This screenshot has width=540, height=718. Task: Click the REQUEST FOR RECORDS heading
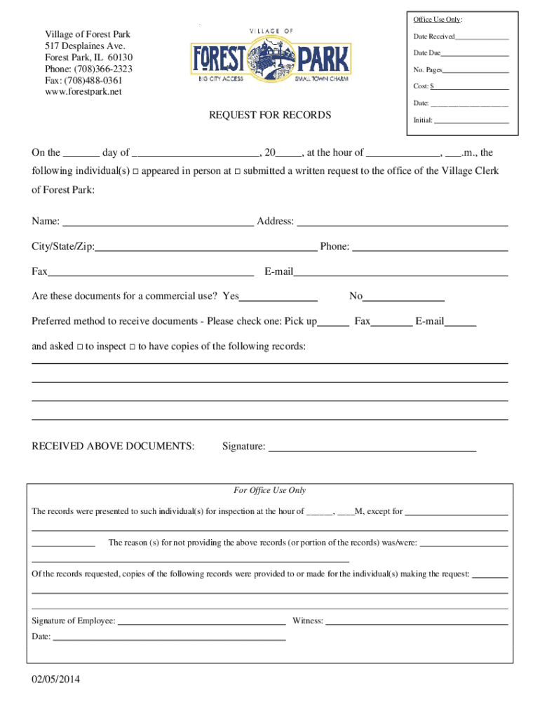pos(270,115)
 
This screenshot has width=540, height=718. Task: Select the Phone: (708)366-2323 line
pos(88,69)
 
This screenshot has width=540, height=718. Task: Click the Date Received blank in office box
pos(482,36)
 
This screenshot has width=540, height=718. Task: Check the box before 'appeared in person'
pos(136,171)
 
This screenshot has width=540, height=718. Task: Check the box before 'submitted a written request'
pos(237,171)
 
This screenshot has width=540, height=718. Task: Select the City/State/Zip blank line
pos(206,248)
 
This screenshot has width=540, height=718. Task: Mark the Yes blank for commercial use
pos(278,297)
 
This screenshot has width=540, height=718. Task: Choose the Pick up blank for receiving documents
pos(334,323)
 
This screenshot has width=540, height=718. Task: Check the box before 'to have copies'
pos(133,347)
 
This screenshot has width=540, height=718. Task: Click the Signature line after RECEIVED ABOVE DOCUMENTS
pos(372,447)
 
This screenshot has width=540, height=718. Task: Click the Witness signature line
pos(417,622)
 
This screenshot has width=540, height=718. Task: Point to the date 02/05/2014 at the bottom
pos(55,679)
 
